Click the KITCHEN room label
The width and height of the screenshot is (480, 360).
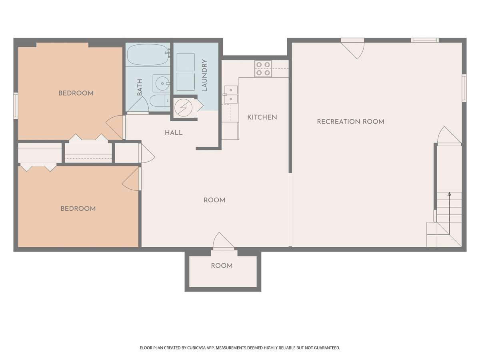pyautogui.click(x=262, y=117)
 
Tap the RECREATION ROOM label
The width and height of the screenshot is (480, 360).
pyautogui.click(x=350, y=122)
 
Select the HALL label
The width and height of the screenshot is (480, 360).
pyautogui.click(x=174, y=133)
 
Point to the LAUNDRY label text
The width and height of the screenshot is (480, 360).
pyautogui.click(x=204, y=76)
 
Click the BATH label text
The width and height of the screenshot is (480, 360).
pyautogui.click(x=140, y=87)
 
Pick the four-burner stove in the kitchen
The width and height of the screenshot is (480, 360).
pyautogui.click(x=263, y=69)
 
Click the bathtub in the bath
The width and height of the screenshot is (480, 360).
pyautogui.click(x=148, y=55)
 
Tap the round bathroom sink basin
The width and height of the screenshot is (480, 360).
pyautogui.click(x=162, y=83)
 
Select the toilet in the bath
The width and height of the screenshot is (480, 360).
pyautogui.click(x=160, y=101)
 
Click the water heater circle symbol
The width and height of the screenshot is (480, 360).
pyautogui.click(x=183, y=108)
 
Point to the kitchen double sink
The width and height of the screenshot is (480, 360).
pyautogui.click(x=231, y=94)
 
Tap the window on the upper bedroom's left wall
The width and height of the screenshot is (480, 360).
pyautogui.click(x=16, y=106)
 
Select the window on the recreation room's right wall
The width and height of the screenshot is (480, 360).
pyautogui.click(x=464, y=88)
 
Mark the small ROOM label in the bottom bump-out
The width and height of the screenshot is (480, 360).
pyautogui.click(x=222, y=266)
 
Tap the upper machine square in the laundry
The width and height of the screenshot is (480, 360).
pyautogui.click(x=186, y=62)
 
